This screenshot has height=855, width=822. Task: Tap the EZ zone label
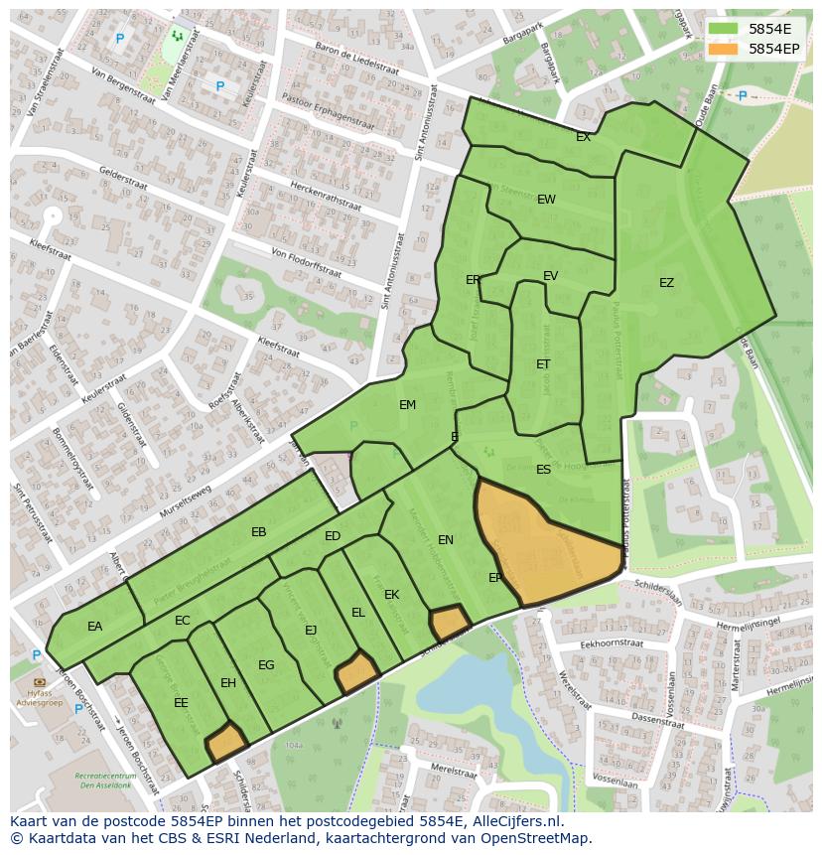click(666, 283)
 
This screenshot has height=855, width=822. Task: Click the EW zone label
click(546, 200)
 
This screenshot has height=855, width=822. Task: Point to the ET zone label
click(543, 364)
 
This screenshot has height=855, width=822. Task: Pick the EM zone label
click(407, 405)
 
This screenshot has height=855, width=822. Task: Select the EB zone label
click(259, 532)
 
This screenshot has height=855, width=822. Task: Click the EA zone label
click(94, 627)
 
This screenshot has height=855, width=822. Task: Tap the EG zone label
click(266, 665)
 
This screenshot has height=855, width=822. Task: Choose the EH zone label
click(228, 683)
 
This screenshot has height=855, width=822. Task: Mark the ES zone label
click(543, 470)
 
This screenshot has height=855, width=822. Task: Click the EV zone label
click(550, 276)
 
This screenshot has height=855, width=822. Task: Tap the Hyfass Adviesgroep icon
click(39, 682)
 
